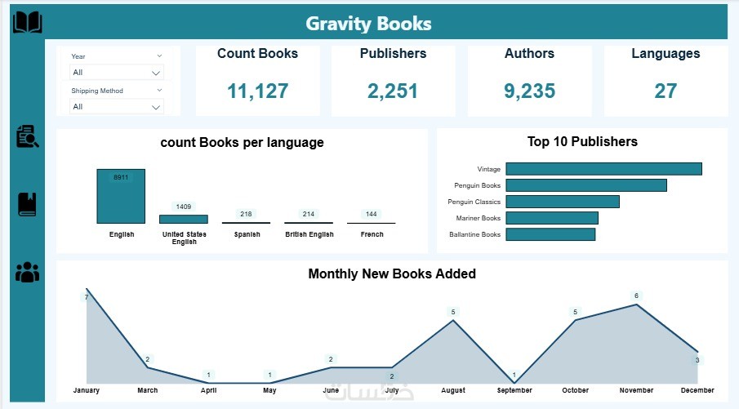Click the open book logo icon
(x=27, y=22)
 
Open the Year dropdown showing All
(x=117, y=72)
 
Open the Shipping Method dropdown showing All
(x=117, y=106)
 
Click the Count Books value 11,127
(x=257, y=91)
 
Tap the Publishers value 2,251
(x=393, y=91)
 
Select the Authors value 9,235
(x=529, y=91)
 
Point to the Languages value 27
(x=666, y=91)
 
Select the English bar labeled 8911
(x=121, y=196)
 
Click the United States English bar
(x=184, y=219)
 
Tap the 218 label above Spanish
(x=246, y=214)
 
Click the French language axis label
(x=372, y=234)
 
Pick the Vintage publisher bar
(x=603, y=169)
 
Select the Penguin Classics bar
(x=563, y=202)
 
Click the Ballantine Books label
(x=474, y=234)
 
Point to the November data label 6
(x=636, y=296)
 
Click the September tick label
(x=514, y=390)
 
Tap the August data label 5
(x=453, y=312)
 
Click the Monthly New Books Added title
(x=392, y=273)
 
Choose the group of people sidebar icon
(x=27, y=272)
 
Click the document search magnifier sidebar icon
(x=27, y=136)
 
